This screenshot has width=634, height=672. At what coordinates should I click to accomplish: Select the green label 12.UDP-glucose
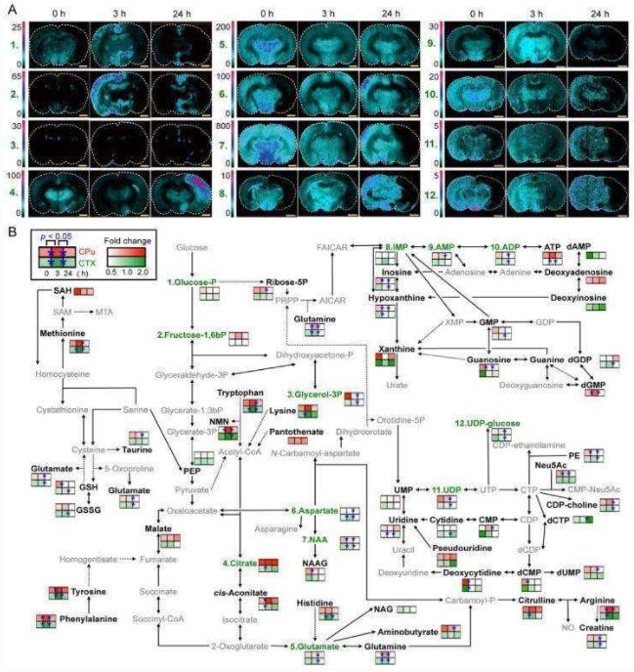486,422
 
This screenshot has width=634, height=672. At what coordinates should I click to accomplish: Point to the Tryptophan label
241,392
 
